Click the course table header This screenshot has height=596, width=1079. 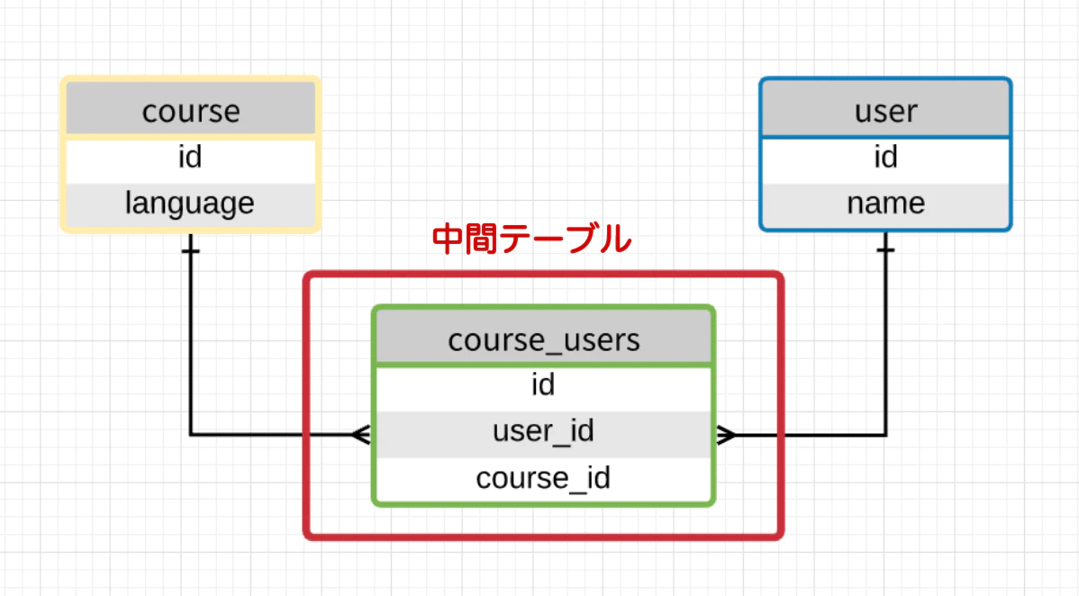coord(191,112)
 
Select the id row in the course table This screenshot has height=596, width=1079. coord(190,158)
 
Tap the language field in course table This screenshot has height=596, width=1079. coord(190,203)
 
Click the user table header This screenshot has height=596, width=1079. coord(885,112)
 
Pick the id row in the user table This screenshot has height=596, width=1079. coord(885,158)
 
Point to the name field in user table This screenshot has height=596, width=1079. coord(885,203)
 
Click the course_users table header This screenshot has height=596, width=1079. coord(543,340)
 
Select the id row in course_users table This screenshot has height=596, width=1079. coord(543,386)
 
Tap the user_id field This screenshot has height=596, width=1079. coord(543,432)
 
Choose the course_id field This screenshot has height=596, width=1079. coord(543,477)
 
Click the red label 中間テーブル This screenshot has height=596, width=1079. coord(531,240)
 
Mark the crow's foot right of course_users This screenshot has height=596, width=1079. coord(726,435)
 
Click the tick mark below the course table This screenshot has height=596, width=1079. coord(190,249)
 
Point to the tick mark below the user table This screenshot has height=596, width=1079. coord(886,249)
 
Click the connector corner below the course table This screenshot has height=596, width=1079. coord(191,435)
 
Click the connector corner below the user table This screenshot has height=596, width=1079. coord(886,435)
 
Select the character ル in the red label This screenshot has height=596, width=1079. coord(615,240)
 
